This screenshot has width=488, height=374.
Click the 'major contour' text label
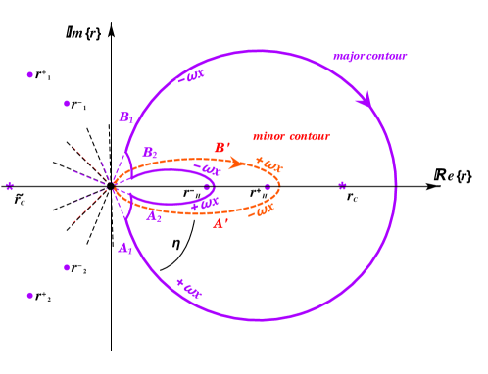pyautogui.click(x=369, y=57)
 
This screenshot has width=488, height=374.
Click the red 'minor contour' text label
pyautogui.click(x=291, y=136)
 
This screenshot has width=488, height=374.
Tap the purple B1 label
pyautogui.click(x=125, y=117)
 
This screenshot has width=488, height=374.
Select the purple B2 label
pyautogui.click(x=149, y=153)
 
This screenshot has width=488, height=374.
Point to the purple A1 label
pyautogui.click(x=124, y=249)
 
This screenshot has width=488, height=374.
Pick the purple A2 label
pyautogui.click(x=154, y=217)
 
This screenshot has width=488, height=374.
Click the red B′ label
pyautogui.click(x=222, y=148)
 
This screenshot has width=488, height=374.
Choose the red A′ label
pyautogui.click(x=220, y=224)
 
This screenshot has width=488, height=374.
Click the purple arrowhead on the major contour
pyautogui.click(x=364, y=99)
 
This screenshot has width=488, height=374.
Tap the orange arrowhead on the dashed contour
pyautogui.click(x=236, y=163)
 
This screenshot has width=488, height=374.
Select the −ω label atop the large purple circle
pyautogui.click(x=190, y=76)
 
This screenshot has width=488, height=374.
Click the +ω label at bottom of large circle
pyautogui.click(x=188, y=288)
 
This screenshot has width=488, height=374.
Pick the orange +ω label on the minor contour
pyautogui.click(x=268, y=164)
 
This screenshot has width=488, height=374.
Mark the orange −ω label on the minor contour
pyautogui.click(x=260, y=211)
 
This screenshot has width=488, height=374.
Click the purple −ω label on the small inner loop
pyautogui.click(x=206, y=169)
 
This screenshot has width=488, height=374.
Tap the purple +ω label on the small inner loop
pyautogui.click(x=204, y=204)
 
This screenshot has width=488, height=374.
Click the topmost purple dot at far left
pyautogui.click(x=29, y=74)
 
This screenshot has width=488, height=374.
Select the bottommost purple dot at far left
pyautogui.click(x=29, y=295)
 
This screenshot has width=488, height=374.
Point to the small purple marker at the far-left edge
pyautogui.click(x=10, y=185)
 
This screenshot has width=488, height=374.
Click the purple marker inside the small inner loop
pyautogui.click(x=207, y=186)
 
